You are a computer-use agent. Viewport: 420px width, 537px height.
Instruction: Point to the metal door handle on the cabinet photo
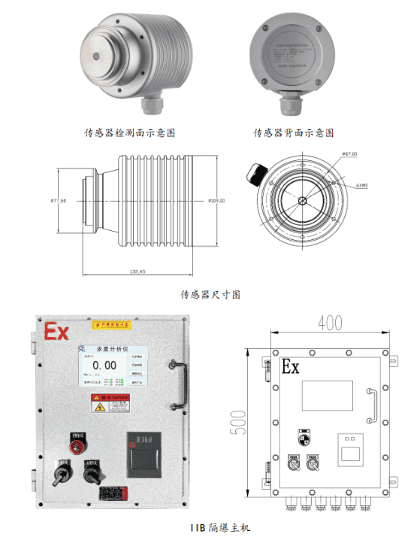coord(179,382)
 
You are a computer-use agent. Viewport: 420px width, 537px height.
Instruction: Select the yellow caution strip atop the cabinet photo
coord(113,325)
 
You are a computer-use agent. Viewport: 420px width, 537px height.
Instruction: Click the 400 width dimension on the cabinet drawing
coord(325,323)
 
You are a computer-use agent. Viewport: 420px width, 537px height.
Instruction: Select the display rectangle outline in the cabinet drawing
coord(327,395)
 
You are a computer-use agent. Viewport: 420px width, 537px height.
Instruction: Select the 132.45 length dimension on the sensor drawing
coord(137,271)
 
